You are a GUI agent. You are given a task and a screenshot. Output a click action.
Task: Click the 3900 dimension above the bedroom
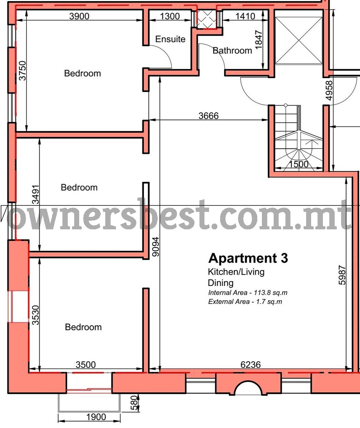tap(79, 16)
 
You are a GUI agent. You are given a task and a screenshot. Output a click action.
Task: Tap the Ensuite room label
tap(170, 39)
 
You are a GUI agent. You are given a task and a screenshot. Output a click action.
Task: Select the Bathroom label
tap(232, 50)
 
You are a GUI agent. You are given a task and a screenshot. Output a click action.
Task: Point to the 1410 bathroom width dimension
tap(245, 16)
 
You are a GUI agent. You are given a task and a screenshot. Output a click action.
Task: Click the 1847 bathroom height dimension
tap(259, 40)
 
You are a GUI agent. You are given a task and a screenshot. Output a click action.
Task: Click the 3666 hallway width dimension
tap(208, 116)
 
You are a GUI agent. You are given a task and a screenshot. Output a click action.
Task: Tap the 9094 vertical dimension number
tap(156, 247)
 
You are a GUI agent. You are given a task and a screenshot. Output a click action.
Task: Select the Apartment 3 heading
tap(248, 258)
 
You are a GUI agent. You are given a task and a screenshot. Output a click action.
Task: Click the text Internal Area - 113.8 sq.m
tap(248, 292)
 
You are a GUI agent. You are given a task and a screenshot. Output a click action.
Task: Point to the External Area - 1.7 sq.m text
tap(245, 301)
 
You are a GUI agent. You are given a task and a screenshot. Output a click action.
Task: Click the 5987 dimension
tap(342, 275)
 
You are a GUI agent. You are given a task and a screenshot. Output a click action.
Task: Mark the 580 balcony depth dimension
tap(134, 403)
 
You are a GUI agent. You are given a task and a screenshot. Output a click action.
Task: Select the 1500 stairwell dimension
tap(299, 164)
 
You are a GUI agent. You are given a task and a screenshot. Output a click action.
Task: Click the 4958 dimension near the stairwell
tap(329, 91)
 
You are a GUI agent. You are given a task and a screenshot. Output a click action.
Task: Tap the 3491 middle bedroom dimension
tap(36, 194)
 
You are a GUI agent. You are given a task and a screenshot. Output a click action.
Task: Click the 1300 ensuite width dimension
tap(170, 16)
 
